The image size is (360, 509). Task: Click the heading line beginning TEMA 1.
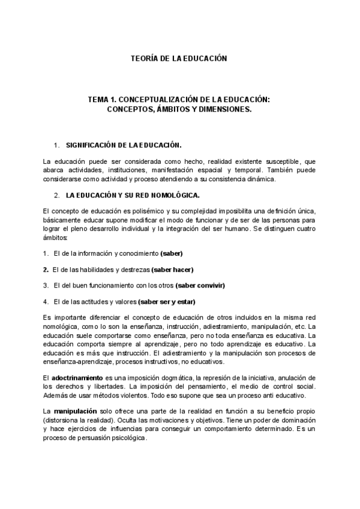179,101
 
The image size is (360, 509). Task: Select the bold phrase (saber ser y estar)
166,301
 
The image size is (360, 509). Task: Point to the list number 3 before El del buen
46,285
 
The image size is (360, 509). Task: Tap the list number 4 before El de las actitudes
46,301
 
